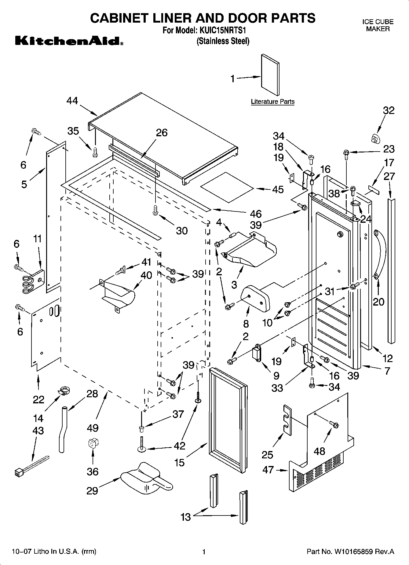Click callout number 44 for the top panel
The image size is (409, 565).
[x=72, y=101]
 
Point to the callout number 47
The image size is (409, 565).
[x=268, y=470]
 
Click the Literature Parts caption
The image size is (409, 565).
[x=272, y=101]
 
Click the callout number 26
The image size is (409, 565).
[x=162, y=133]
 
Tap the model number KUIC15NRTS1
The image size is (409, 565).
[x=223, y=31]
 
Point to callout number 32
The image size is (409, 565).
[x=389, y=110]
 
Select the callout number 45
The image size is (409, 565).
[x=277, y=189]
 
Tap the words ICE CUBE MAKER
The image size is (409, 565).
[x=378, y=25]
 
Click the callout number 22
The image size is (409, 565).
[x=38, y=399]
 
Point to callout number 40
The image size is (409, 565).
[x=146, y=275]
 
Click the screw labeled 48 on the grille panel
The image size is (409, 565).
[x=334, y=424]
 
